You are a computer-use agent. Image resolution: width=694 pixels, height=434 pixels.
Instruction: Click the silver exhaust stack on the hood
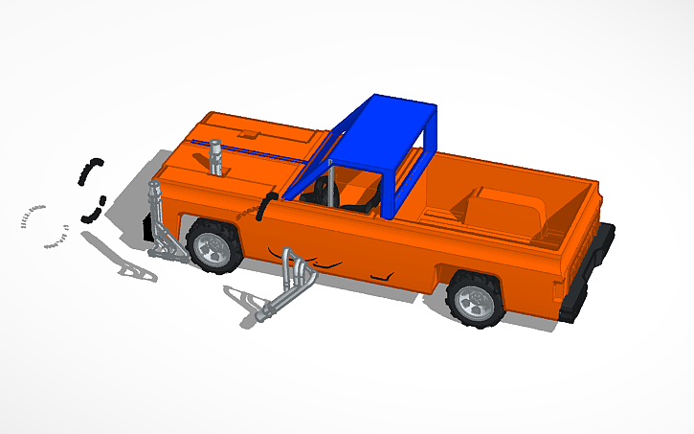pyautogui.click(x=217, y=157)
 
